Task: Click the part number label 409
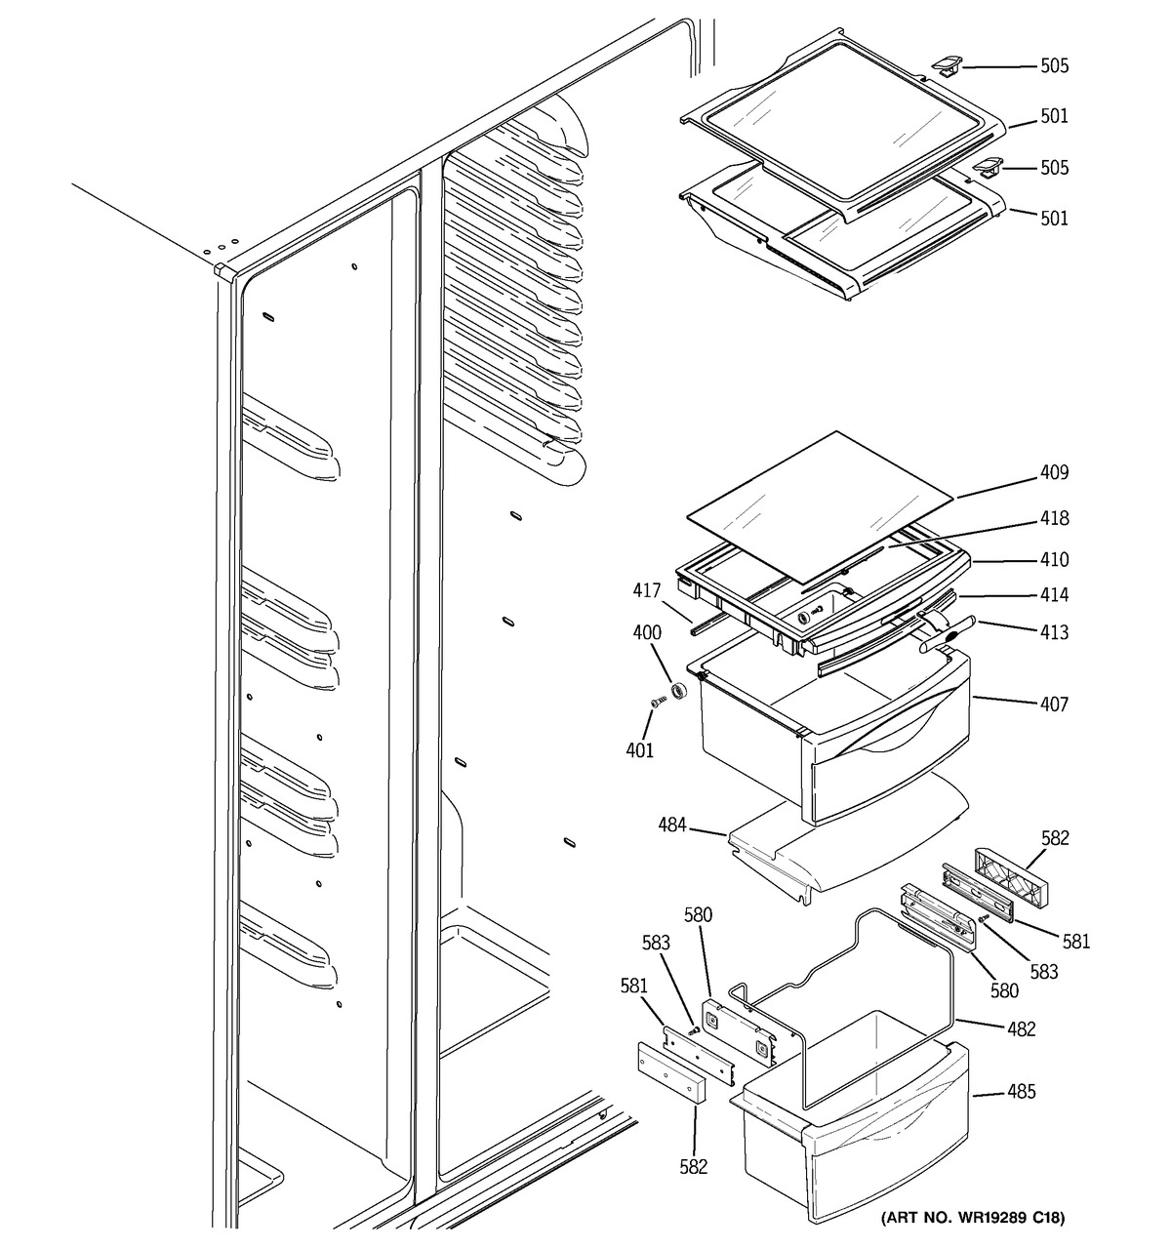tap(1053, 473)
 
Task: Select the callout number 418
tap(1053, 519)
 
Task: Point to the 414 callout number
tap(1053, 595)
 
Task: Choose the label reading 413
tap(1053, 632)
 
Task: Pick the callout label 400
tap(646, 632)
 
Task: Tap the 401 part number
tap(640, 750)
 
